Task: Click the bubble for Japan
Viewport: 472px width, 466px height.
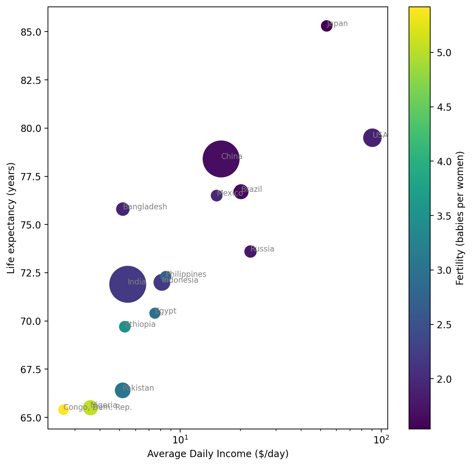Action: pyautogui.click(x=326, y=26)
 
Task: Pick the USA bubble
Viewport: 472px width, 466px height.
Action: pyautogui.click(x=372, y=138)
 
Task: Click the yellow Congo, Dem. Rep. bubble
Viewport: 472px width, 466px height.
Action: pyautogui.click(x=63, y=409)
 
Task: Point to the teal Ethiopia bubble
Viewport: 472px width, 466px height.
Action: pyautogui.click(x=125, y=327)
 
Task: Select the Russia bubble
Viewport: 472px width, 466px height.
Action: pyautogui.click(x=250, y=252)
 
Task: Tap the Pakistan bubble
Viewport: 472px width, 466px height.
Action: pyautogui.click(x=123, y=390)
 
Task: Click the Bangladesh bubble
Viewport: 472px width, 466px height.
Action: pyautogui.click(x=123, y=209)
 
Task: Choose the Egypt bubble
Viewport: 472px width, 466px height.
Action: pyautogui.click(x=155, y=313)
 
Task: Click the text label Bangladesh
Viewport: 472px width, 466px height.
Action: pyautogui.click(x=145, y=207)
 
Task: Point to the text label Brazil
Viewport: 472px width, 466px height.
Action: pyautogui.click(x=252, y=189)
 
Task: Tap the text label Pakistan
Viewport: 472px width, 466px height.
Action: pyautogui.click(x=138, y=388)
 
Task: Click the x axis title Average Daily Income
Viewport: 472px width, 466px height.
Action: pyautogui.click(x=218, y=454)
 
